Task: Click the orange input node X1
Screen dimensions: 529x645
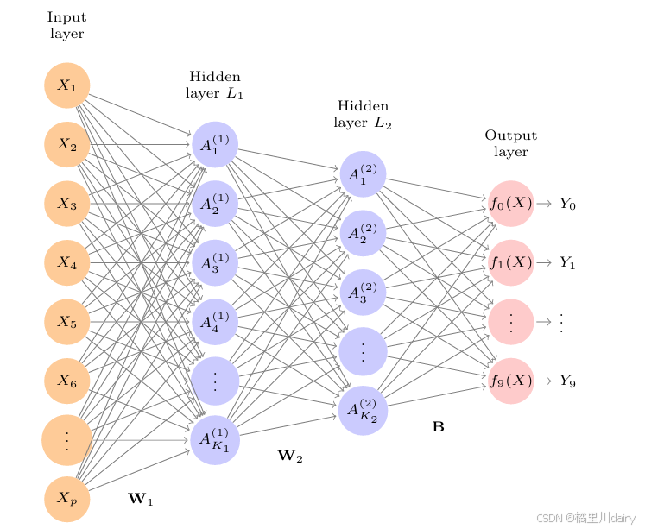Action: pos(67,85)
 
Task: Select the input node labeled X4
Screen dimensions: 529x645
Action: pos(67,263)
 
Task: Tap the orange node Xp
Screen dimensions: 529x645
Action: pos(67,498)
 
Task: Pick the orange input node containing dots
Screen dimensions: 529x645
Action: pos(66,439)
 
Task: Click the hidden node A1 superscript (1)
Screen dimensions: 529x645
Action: pos(215,145)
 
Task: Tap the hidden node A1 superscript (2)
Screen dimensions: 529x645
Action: pos(363,174)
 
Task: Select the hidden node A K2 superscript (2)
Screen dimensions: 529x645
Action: pos(363,411)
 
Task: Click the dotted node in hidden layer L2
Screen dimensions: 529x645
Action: pos(363,351)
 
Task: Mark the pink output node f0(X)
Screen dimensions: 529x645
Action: pos(511,204)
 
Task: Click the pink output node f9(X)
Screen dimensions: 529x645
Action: pos(511,381)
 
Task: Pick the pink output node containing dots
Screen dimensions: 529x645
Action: pos(511,321)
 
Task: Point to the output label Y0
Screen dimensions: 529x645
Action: pos(567,205)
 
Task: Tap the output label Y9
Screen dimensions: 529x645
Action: pos(567,381)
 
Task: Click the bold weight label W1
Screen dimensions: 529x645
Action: pos(141,498)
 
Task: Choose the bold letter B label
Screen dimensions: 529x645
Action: pos(438,426)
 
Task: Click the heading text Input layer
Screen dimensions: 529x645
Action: pos(66,25)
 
